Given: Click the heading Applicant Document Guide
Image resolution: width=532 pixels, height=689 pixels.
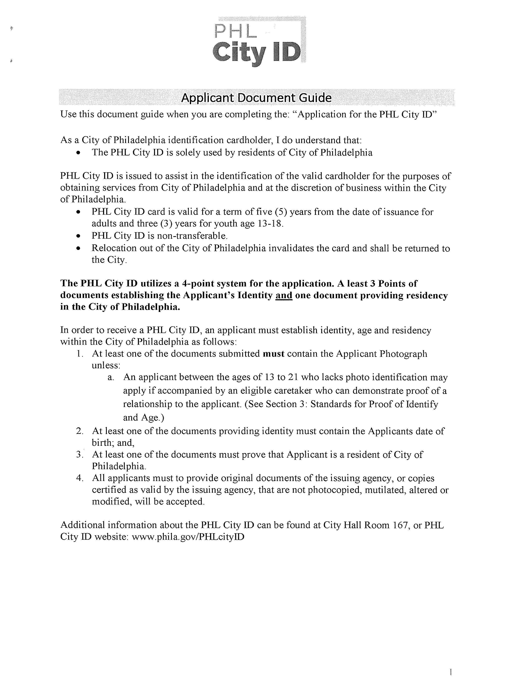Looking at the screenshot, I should (256, 98).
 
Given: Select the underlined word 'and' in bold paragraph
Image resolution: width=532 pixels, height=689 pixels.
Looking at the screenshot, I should (284, 296).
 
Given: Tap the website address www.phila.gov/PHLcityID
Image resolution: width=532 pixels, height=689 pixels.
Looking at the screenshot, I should (188, 537).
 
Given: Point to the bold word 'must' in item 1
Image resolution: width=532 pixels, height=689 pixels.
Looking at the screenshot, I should (274, 354).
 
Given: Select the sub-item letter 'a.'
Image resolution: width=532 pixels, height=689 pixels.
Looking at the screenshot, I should (111, 377).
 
